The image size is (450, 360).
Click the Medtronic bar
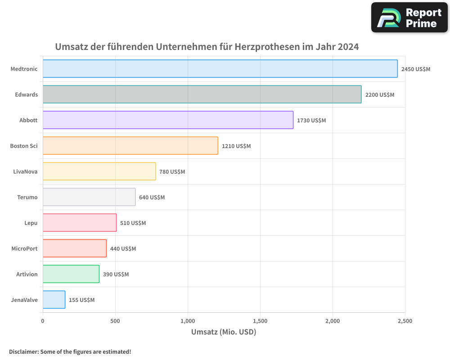[220, 69]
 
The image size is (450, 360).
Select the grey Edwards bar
[202, 94]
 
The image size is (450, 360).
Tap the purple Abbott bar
[168, 120]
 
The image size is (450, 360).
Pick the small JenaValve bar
[54, 300]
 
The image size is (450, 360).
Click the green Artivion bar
[71, 274]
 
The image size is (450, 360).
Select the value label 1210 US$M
[236, 146]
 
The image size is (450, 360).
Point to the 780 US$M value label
[172, 172]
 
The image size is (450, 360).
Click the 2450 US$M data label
[416, 69]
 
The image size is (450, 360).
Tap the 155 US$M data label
[81, 300]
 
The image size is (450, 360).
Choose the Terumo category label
[27, 197]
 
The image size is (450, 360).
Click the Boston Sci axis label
[24, 146]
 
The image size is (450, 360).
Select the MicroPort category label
[24, 248]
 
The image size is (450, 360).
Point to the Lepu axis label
[31, 223]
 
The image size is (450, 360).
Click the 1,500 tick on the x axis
[260, 321]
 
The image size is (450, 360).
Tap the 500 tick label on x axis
[115, 321]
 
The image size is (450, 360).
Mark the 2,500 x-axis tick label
[405, 321]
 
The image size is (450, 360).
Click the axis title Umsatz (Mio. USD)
[224, 333]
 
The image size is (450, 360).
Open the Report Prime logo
[409, 18]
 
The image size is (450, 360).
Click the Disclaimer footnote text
[70, 352]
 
